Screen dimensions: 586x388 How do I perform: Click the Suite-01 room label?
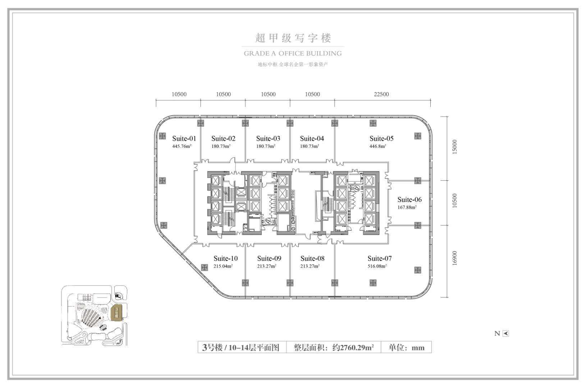point(184,139)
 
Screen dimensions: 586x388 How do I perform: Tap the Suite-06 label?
point(409,200)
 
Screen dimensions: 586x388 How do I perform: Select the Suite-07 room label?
point(380,259)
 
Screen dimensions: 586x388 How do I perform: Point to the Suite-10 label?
point(225,259)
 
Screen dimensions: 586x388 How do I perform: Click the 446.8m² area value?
point(378,146)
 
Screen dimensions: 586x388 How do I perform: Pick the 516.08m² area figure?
point(377,266)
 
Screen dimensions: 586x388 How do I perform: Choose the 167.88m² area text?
point(407,207)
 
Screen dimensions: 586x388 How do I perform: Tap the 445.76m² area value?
point(182,146)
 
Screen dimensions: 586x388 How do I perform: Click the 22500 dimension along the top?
point(381,94)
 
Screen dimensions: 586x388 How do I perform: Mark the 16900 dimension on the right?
point(455,258)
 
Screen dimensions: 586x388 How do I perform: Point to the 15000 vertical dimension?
point(455,147)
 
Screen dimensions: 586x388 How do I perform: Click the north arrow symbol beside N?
point(506,333)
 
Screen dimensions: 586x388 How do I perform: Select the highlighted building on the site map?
point(117,313)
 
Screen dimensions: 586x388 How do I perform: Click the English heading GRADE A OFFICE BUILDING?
point(293,54)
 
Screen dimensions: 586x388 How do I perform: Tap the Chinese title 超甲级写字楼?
point(293,38)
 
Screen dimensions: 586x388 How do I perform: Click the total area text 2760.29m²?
point(353,348)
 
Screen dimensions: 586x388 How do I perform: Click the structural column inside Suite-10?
point(204,268)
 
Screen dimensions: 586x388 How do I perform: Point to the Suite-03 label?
point(268,139)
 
